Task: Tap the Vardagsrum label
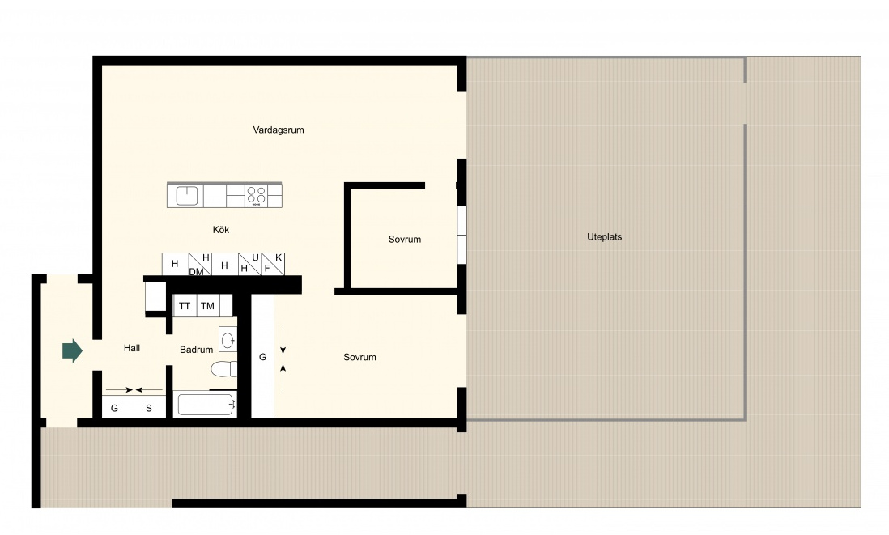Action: click(x=279, y=130)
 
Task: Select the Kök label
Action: click(x=221, y=230)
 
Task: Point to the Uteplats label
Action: click(x=604, y=237)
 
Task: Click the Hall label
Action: click(x=132, y=348)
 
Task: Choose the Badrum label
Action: click(x=196, y=350)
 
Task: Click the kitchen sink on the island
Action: click(x=187, y=196)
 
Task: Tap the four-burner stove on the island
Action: click(x=257, y=196)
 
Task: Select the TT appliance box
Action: click(x=185, y=305)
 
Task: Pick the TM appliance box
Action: click(x=207, y=305)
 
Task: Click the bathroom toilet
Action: click(x=224, y=370)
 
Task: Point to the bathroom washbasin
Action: click(x=228, y=340)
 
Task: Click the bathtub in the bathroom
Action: click(x=205, y=405)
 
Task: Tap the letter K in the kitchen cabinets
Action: click(x=279, y=258)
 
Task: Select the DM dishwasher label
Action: click(x=196, y=272)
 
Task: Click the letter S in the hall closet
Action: click(x=148, y=408)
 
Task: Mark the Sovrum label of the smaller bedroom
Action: click(x=405, y=239)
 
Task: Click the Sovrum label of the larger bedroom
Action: click(x=360, y=357)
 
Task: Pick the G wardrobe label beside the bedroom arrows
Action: click(x=262, y=357)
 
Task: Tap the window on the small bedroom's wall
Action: click(x=462, y=235)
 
